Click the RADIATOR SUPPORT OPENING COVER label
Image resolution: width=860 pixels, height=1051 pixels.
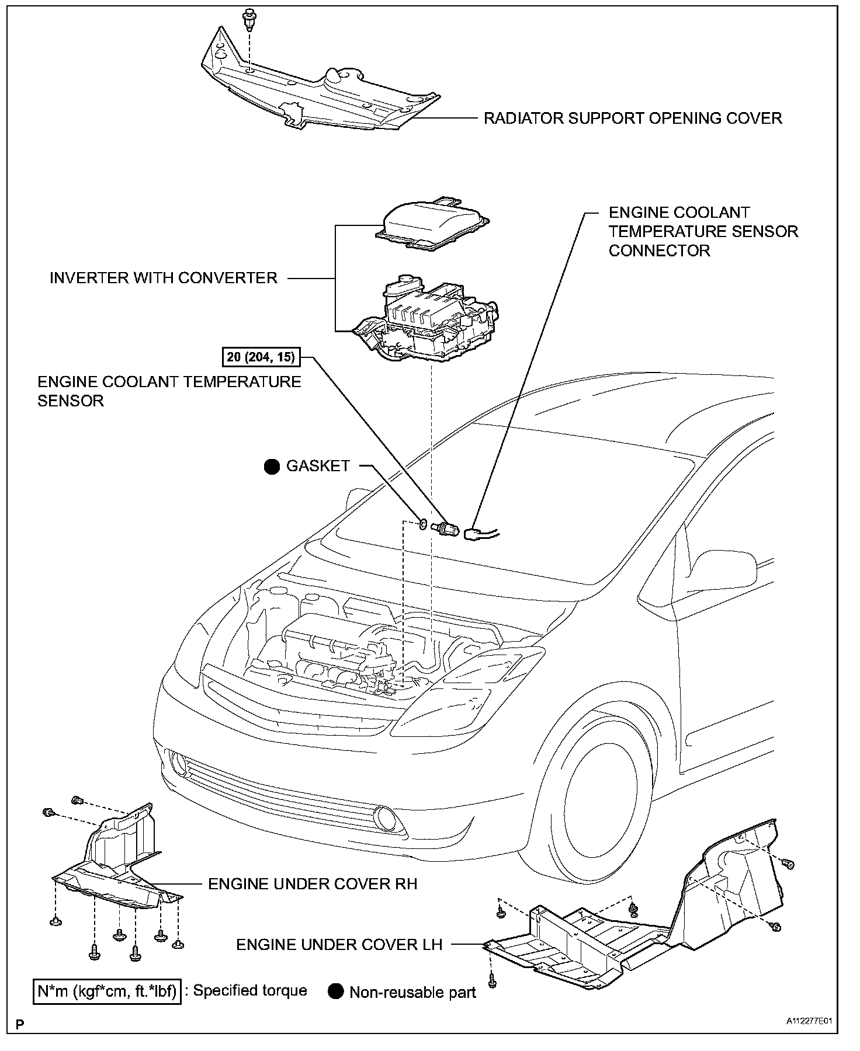[633, 119]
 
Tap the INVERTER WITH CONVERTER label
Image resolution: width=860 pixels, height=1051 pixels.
[164, 278]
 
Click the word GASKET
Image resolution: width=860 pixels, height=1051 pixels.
[318, 466]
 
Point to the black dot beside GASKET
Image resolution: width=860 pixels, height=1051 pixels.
[272, 467]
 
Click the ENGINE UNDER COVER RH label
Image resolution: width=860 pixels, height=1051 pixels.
[313, 884]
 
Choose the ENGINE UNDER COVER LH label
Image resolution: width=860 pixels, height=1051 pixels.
[339, 945]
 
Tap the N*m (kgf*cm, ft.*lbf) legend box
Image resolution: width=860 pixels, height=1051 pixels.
[107, 991]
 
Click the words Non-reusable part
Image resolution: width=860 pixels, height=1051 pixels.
[412, 993]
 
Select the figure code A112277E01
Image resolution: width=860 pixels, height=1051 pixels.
[808, 1022]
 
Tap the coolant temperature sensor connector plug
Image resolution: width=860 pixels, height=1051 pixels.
[474, 533]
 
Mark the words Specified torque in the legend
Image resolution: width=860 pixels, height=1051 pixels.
[249, 990]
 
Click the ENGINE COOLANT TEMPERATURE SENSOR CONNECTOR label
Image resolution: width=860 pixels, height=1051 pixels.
[703, 232]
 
